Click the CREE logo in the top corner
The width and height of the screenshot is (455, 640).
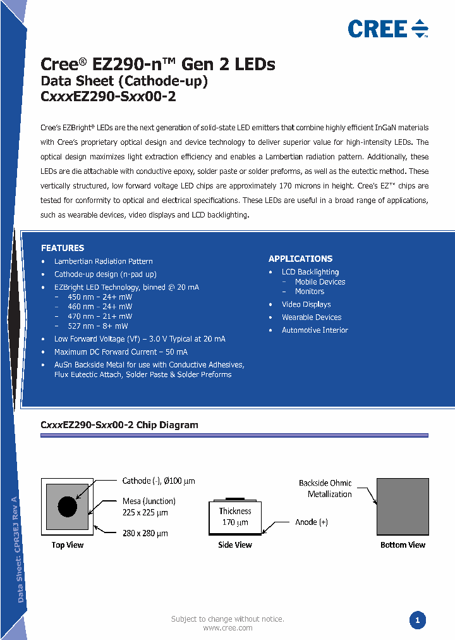tap(387, 28)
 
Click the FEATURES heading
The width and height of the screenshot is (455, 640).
tap(63, 248)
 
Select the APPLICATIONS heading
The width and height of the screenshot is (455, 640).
tap(300, 259)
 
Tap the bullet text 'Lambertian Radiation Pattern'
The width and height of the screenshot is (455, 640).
tap(104, 261)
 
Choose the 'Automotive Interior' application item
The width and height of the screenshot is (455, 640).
tap(315, 330)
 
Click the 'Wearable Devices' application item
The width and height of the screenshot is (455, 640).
tap(312, 317)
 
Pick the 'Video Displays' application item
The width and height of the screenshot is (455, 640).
tap(306, 304)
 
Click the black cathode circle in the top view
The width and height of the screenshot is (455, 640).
tap(67, 506)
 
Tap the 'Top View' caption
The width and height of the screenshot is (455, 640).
tap(68, 545)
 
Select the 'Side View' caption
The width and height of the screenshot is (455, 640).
tap(235, 545)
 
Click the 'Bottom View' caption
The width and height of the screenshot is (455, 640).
tap(403, 545)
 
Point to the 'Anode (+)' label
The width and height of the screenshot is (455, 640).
tap(311, 522)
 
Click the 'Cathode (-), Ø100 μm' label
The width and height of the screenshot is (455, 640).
tap(159, 481)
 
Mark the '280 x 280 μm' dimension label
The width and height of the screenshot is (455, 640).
tap(145, 534)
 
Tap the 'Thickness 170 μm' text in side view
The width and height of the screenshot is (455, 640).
tap(235, 517)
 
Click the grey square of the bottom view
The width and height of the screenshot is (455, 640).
tap(403, 507)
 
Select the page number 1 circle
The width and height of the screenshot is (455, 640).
tap(417, 620)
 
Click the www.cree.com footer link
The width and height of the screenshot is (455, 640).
tap(227, 628)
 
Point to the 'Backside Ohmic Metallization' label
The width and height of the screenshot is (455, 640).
tap(325, 488)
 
